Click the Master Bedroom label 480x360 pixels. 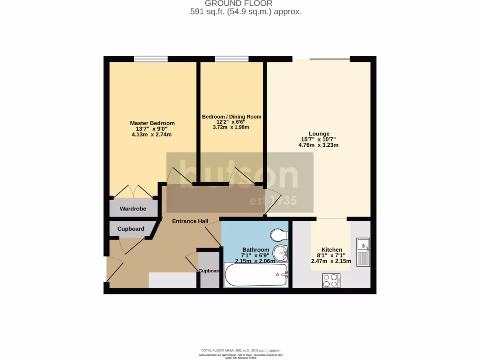152,123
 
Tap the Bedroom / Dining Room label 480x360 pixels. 232,117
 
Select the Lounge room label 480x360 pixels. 318,134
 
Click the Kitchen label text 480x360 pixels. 331,250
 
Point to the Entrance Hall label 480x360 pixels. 190,221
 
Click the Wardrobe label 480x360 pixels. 133,209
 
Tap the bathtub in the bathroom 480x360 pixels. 256,275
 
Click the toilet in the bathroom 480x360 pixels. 279,234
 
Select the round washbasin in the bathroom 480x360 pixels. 280,253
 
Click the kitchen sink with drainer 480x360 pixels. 363,252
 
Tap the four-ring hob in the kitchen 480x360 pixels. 331,280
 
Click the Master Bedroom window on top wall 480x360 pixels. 150,59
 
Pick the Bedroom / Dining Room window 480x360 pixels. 232,59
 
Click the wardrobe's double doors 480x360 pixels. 133,192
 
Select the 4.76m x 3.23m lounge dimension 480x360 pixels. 318,145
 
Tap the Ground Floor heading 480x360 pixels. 245,4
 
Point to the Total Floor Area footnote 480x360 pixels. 240,351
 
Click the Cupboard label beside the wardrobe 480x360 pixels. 131,229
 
